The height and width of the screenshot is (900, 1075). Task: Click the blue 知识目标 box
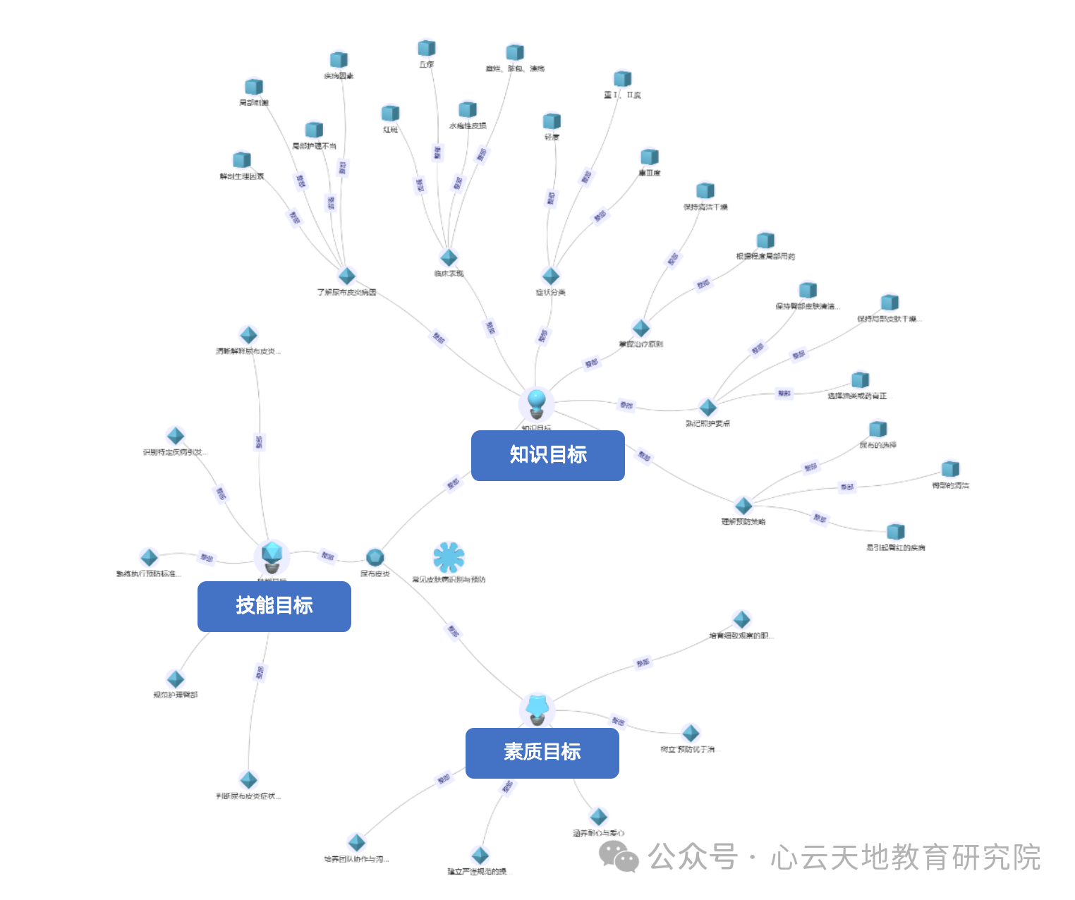[547, 456]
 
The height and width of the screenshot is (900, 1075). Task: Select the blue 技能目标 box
[274, 607]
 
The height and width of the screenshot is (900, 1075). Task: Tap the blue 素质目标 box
[542, 753]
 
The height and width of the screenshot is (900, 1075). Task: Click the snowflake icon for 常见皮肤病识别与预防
[449, 557]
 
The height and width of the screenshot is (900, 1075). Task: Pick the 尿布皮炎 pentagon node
[375, 557]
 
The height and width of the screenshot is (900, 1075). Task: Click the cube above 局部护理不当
[314, 130]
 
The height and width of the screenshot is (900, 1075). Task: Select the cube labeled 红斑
[390, 114]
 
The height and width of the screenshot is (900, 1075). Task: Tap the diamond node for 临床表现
[449, 257]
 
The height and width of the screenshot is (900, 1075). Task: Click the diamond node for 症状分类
[550, 276]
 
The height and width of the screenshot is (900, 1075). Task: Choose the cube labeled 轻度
[552, 121]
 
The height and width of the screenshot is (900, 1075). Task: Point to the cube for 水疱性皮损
[468, 109]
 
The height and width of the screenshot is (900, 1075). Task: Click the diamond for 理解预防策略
[743, 505]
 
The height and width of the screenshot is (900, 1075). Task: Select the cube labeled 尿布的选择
[877, 429]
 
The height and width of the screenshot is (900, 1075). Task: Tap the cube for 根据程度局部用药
[765, 241]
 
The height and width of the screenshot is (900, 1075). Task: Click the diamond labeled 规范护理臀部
[176, 679]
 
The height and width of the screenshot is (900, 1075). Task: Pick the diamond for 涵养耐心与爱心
[598, 817]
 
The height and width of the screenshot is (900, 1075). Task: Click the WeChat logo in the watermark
[619, 856]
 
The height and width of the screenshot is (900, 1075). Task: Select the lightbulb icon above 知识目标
[537, 403]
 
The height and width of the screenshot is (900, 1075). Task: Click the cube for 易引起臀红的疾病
[895, 531]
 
